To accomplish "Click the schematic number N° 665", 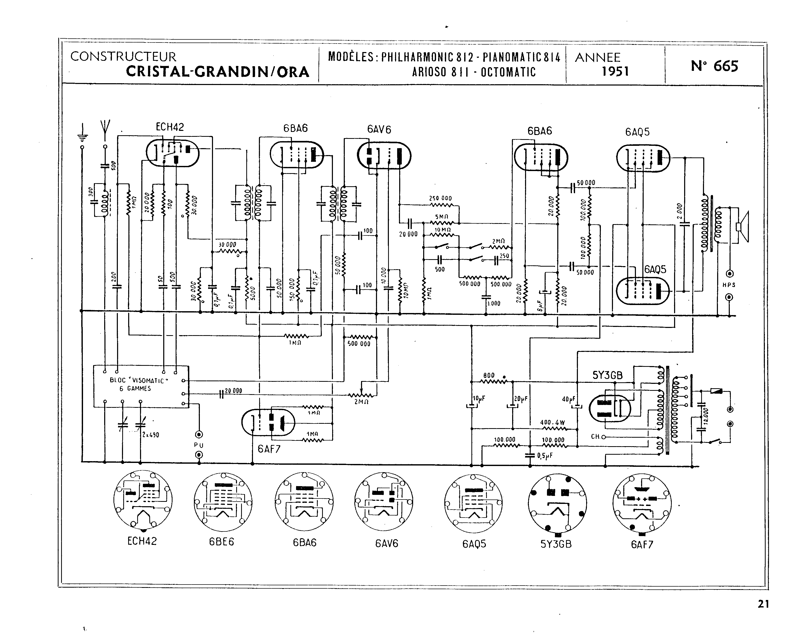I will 714,66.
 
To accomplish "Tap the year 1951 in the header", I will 615,71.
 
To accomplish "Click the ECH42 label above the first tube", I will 170,127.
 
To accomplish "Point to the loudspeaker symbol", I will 742,227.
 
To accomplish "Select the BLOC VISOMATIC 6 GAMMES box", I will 141,386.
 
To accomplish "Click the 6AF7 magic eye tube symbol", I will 268,422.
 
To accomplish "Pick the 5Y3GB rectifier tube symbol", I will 609,408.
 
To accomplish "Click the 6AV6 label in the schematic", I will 379,129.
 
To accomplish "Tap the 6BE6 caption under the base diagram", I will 222,542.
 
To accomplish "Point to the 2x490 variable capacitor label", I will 151,435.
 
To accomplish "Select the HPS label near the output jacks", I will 729,285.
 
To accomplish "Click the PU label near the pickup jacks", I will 199,445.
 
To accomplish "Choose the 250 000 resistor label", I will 440,198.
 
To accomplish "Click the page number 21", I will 763,604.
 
